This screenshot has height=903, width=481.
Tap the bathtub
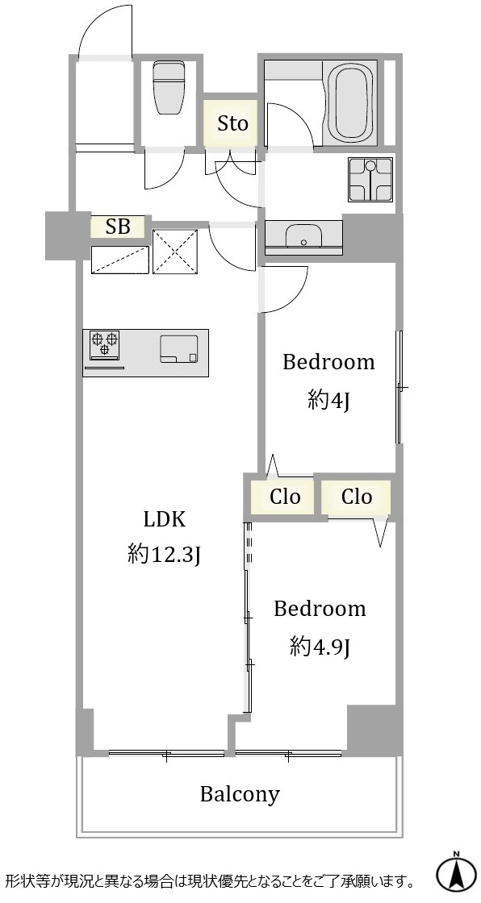pyautogui.click(x=350, y=102)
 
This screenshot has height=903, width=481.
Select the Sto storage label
pyautogui.click(x=232, y=123)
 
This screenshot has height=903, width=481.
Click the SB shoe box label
pyautogui.click(x=118, y=227)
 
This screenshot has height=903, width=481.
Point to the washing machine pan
pyautogui.click(x=370, y=180)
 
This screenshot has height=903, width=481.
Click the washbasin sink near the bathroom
pyautogui.click(x=303, y=235)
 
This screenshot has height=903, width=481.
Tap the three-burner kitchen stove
pyautogui.click(x=104, y=344)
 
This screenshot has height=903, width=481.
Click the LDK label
pyautogui.click(x=165, y=520)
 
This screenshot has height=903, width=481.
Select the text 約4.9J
pyautogui.click(x=320, y=648)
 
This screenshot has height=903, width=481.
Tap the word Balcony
pyautogui.click(x=240, y=795)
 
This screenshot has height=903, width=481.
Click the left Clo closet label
pyautogui.click(x=285, y=497)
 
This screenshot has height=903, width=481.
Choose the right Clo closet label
pyautogui.click(x=357, y=497)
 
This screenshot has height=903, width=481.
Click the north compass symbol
pyautogui.click(x=456, y=876)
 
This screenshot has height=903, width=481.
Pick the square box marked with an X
pyautogui.click(x=175, y=251)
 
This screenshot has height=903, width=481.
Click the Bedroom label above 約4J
pyautogui.click(x=328, y=363)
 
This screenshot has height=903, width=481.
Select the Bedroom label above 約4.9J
pyautogui.click(x=320, y=610)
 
